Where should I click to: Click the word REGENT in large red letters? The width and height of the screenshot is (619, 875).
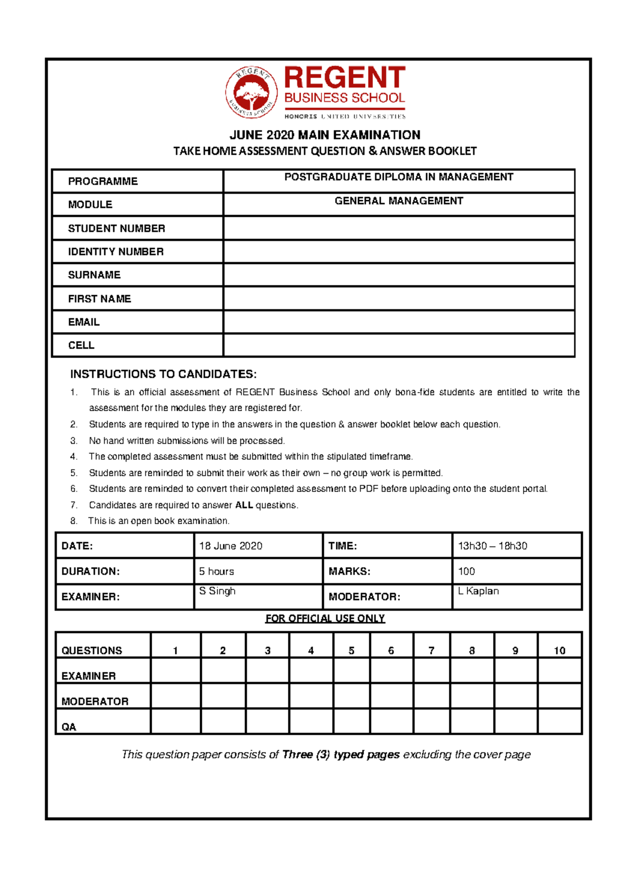point(345,78)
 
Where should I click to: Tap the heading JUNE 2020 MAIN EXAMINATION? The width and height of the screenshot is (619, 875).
point(324,135)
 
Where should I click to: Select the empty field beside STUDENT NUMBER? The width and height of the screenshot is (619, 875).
point(399,228)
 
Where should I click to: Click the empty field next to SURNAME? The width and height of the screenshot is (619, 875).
point(399,275)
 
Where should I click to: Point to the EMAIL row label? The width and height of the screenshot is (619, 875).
point(84,322)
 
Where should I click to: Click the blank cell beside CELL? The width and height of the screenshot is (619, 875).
point(399,345)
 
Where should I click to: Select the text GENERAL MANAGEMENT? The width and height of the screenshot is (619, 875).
point(399,201)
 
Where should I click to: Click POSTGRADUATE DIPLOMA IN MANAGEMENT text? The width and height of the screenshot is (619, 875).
point(399,177)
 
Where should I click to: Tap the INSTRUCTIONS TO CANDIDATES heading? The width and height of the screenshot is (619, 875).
point(163,374)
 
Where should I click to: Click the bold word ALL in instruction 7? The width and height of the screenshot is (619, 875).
point(243,505)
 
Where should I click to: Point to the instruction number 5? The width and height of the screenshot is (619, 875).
point(74,473)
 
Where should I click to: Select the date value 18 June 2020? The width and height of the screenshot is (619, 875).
point(231,546)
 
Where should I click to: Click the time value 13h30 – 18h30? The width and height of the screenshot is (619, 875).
point(493,546)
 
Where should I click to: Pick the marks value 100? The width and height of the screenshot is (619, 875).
point(466,571)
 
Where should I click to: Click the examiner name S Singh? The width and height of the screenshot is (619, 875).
point(217,591)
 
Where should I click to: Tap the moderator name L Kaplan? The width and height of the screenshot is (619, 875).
point(478,591)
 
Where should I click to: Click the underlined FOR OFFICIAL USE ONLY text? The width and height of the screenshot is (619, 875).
point(325,618)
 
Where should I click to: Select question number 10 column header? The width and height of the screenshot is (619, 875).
point(559,651)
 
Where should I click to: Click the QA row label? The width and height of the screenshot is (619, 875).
point(69,727)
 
